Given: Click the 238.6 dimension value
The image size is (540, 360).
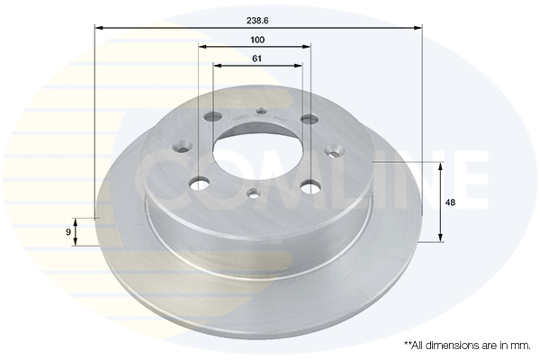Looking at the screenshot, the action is pos(257,21).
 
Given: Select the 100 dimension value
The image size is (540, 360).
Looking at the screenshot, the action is pos(257,40).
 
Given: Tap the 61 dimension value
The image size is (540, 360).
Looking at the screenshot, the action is pos(256,58).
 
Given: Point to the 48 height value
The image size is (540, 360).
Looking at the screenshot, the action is pos(450,202).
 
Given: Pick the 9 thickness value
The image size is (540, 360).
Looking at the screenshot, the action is pos(68,232).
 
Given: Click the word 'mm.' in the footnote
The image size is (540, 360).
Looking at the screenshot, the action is pos(522,346).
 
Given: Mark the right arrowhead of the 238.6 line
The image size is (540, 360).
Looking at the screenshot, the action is pos(418,28).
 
